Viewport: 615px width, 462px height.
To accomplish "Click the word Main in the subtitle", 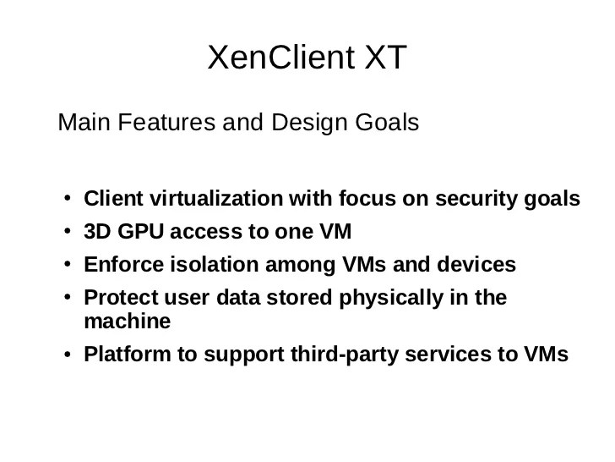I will click(x=83, y=124).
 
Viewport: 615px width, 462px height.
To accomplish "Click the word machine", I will click(x=128, y=322).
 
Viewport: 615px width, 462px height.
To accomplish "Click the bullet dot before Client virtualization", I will click(x=68, y=200).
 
